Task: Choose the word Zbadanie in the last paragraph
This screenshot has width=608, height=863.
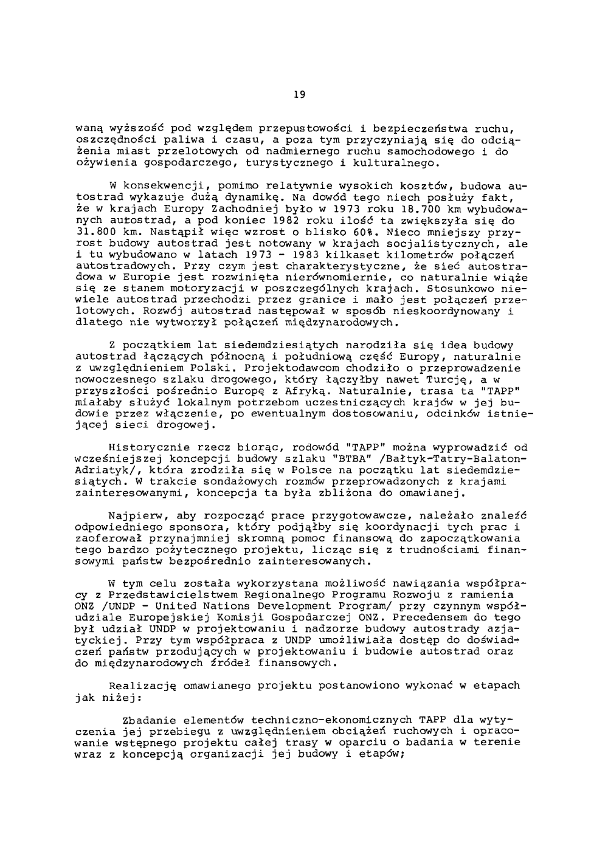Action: coord(148,720)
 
